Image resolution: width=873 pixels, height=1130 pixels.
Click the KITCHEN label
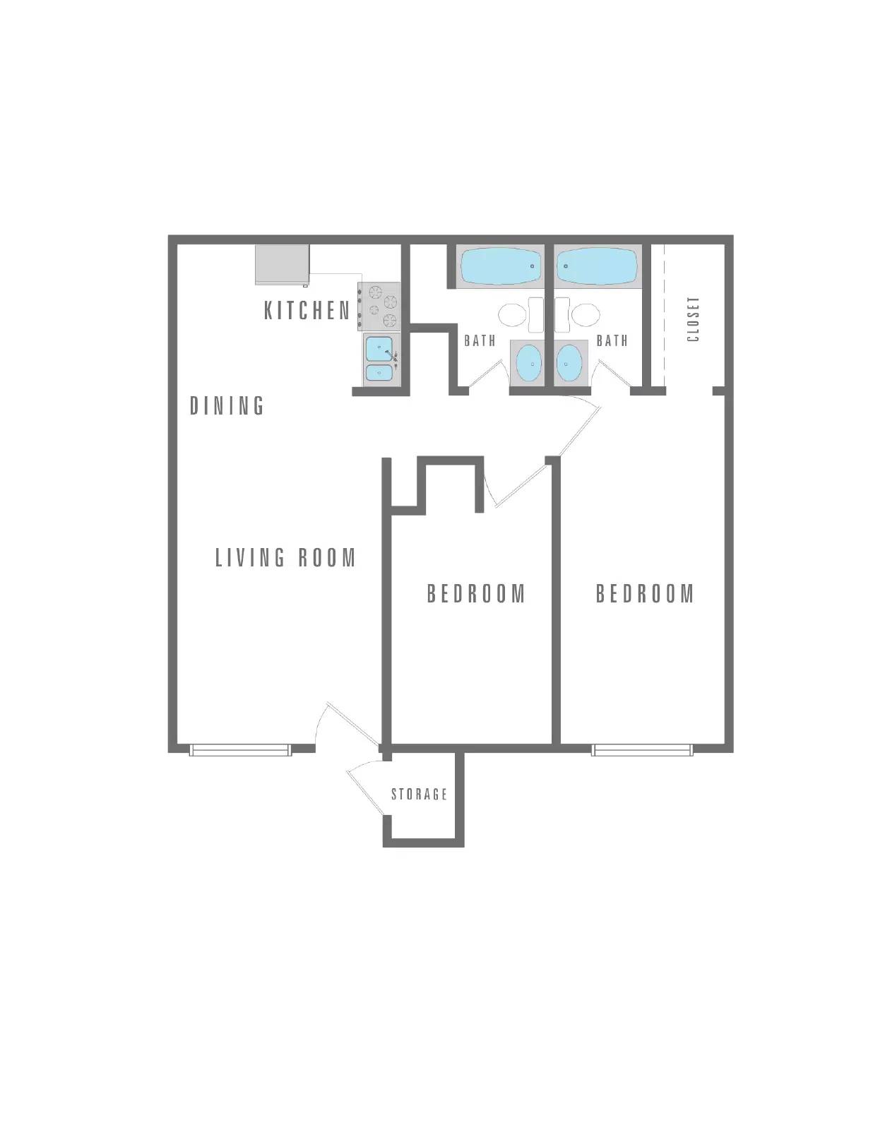[x=307, y=310]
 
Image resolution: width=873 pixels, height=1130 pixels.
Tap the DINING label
[x=227, y=405]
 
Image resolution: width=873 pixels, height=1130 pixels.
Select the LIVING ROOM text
[x=285, y=558]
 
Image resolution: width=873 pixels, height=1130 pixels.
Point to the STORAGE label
[x=420, y=795]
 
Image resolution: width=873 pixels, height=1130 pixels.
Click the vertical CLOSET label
[x=693, y=319]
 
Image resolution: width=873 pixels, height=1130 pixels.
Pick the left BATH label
[x=480, y=341]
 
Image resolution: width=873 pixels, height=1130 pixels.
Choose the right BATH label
[x=612, y=341]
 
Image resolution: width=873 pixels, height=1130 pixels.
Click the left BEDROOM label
[x=476, y=593]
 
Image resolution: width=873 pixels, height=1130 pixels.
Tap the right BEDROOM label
[x=645, y=593]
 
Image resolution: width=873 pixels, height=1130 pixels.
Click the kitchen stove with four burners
[x=380, y=307]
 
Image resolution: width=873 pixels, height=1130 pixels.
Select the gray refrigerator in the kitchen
[x=283, y=265]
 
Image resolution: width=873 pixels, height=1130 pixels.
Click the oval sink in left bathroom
[x=528, y=363]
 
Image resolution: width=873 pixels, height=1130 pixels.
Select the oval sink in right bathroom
[x=569, y=363]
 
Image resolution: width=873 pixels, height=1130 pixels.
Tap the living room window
[x=241, y=749]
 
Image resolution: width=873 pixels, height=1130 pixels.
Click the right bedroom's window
[x=642, y=749]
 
